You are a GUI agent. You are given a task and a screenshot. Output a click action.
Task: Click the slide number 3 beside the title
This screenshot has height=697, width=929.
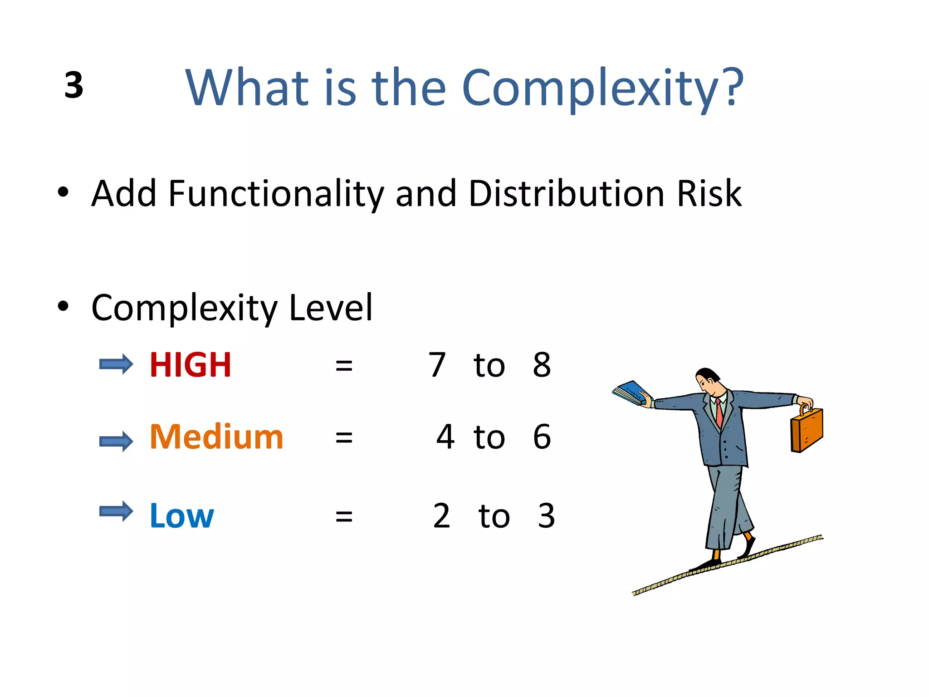tap(74, 85)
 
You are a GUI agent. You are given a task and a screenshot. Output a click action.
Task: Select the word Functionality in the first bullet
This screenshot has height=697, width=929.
tap(276, 194)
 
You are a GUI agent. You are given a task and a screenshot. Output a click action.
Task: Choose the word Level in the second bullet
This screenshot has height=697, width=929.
tap(331, 308)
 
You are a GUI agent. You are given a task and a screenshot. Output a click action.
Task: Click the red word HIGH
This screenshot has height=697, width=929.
tap(191, 365)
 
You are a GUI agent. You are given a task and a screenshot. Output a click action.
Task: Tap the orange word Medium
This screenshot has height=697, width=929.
tap(216, 437)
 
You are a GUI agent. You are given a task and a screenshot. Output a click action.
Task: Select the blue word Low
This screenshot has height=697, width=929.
tap(181, 516)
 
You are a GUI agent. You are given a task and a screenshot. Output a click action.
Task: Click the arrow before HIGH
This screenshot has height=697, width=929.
tap(116, 364)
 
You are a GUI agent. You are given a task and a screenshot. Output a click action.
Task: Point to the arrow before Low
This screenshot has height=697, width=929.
tap(116, 512)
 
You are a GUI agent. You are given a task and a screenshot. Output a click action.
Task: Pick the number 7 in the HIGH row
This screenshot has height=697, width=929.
tap(437, 365)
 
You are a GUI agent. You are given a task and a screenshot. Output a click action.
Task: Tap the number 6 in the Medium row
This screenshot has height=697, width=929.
tap(542, 437)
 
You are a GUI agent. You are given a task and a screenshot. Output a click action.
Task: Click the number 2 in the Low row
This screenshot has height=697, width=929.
tap(441, 516)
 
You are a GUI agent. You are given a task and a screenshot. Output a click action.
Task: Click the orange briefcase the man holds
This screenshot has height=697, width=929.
tap(807, 430)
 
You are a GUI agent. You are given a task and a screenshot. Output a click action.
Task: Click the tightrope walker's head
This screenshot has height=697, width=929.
tap(708, 381)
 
